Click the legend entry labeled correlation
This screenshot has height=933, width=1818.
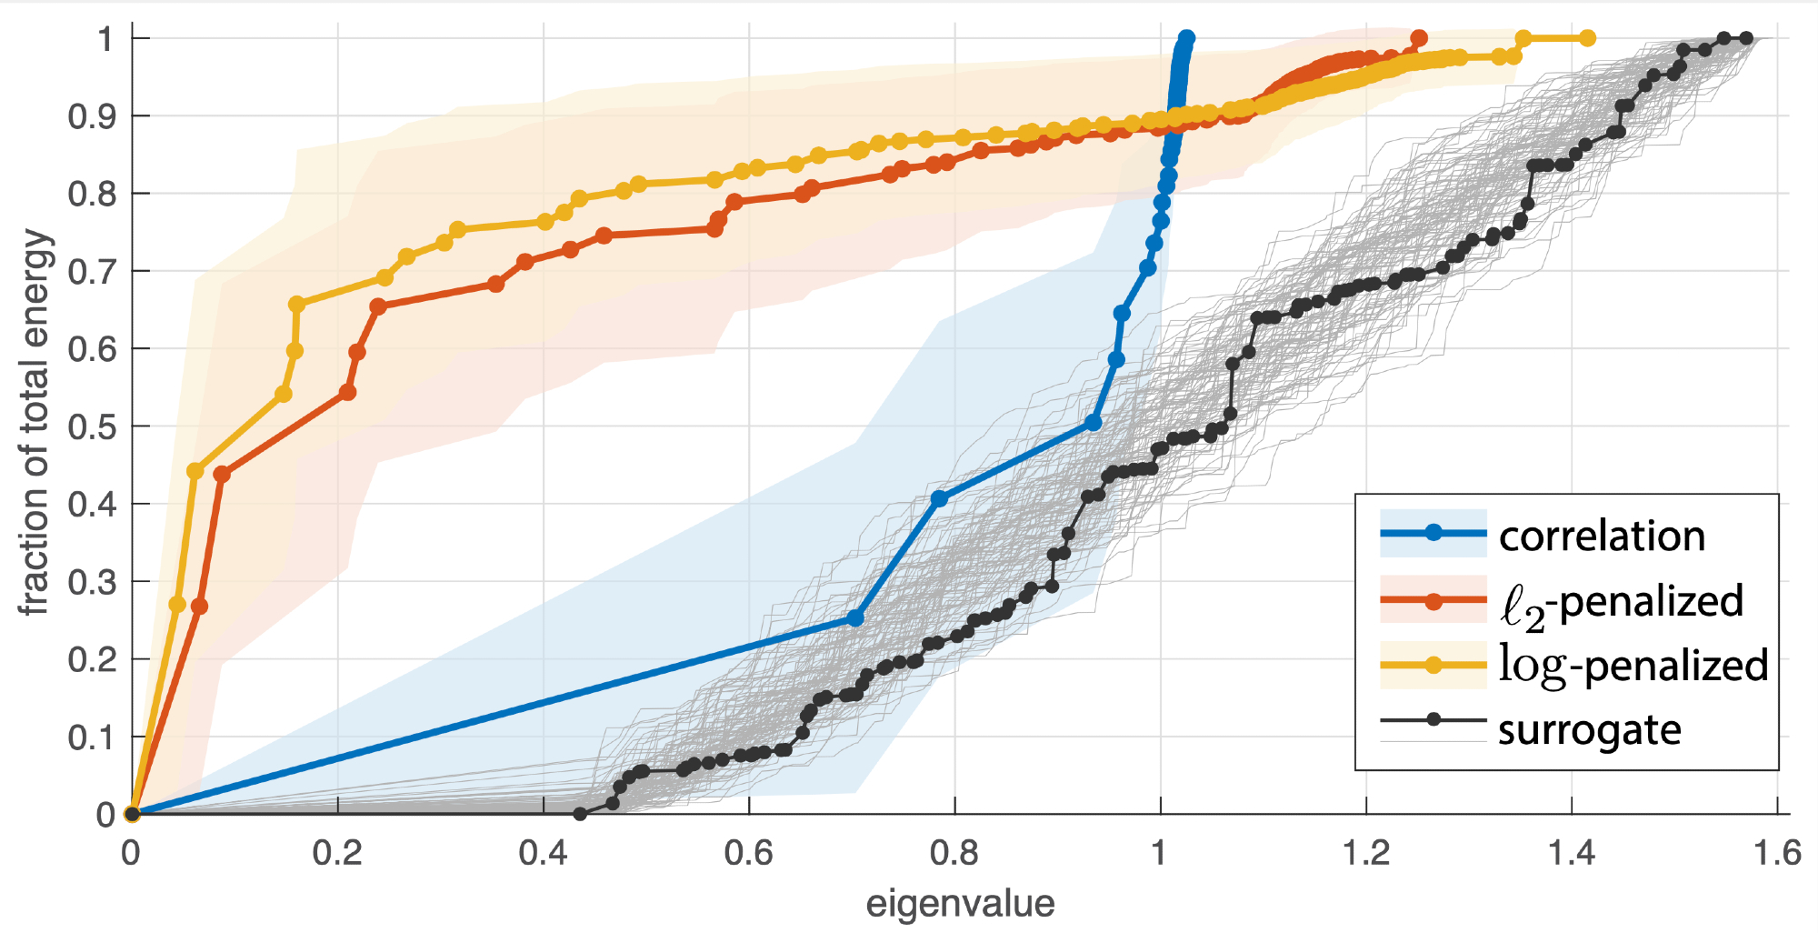1602,536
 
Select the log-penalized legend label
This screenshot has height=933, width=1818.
1633,665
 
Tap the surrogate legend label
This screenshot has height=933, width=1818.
1589,730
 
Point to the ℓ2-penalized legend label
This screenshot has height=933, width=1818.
1621,601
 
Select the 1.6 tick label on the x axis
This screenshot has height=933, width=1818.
1777,853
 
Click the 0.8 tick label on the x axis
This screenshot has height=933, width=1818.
954,853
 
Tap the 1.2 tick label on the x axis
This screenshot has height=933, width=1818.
1366,853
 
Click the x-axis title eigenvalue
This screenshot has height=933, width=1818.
960,905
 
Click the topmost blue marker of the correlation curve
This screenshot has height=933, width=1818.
1186,38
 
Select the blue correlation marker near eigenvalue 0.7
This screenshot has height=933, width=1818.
854,618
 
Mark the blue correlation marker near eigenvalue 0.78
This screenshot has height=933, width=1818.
939,498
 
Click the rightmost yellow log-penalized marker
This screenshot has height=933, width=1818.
1587,38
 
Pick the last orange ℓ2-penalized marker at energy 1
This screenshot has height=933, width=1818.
1419,38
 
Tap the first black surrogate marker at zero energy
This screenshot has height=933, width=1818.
580,814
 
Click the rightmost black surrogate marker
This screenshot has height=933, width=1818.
1746,38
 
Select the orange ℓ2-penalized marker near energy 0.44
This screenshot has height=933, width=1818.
221,475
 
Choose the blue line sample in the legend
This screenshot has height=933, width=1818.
1433,533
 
